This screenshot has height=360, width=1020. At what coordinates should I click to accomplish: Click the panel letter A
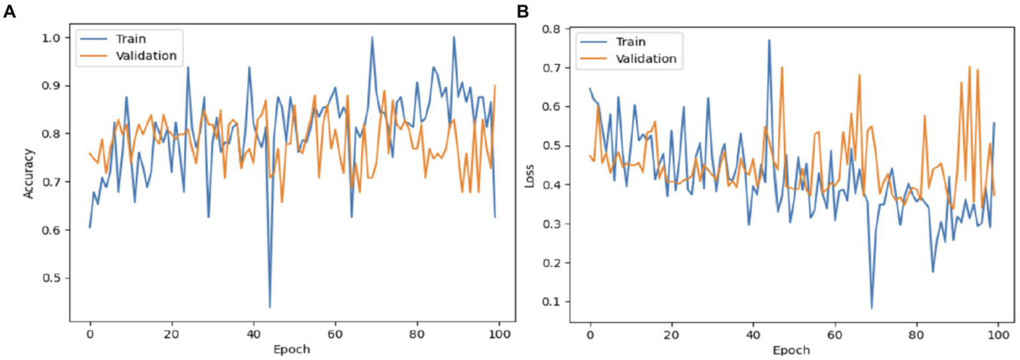click(9, 11)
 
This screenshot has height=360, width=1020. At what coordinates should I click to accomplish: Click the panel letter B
click(523, 11)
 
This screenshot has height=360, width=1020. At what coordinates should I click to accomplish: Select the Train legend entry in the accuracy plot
click(131, 39)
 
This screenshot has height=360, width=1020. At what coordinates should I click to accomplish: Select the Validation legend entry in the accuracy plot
click(146, 56)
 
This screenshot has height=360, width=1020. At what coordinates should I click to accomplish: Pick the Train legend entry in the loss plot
click(631, 41)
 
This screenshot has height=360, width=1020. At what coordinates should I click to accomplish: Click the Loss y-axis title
click(529, 173)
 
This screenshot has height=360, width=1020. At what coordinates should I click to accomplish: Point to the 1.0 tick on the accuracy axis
click(56, 38)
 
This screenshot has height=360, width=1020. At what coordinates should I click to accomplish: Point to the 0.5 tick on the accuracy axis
click(56, 278)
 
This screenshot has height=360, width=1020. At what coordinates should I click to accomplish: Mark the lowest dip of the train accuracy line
click(270, 308)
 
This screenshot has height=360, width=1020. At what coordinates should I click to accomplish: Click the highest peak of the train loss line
click(769, 40)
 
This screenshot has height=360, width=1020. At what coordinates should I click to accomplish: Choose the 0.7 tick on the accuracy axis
click(56, 182)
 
